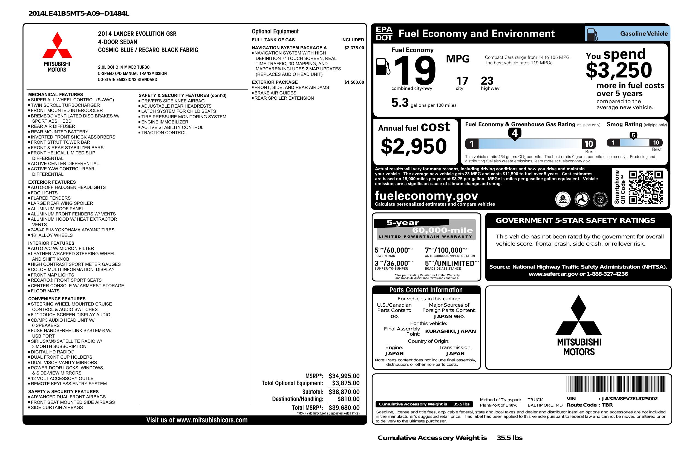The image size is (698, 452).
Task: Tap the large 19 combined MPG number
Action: [414, 70]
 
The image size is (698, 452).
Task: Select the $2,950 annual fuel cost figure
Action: [414, 146]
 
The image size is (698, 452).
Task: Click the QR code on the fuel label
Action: [646, 187]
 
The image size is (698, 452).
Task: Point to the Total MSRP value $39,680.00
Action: [344, 407]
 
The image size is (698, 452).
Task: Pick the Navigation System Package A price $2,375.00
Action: [354, 48]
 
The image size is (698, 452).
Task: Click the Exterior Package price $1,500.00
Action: [354, 82]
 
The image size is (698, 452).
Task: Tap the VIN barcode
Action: [616, 385]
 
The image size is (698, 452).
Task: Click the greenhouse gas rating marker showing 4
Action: [515, 134]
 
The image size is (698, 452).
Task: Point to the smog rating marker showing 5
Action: [633, 136]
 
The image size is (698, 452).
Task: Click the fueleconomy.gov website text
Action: [426, 196]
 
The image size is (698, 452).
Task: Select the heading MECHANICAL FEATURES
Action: [55, 94]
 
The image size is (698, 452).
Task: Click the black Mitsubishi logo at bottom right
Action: [578, 326]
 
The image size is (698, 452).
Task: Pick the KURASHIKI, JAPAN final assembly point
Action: [451, 331]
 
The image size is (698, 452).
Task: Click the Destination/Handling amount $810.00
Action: [348, 399]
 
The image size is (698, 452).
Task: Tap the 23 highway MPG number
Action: [487, 81]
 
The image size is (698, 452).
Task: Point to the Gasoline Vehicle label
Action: [644, 34]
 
